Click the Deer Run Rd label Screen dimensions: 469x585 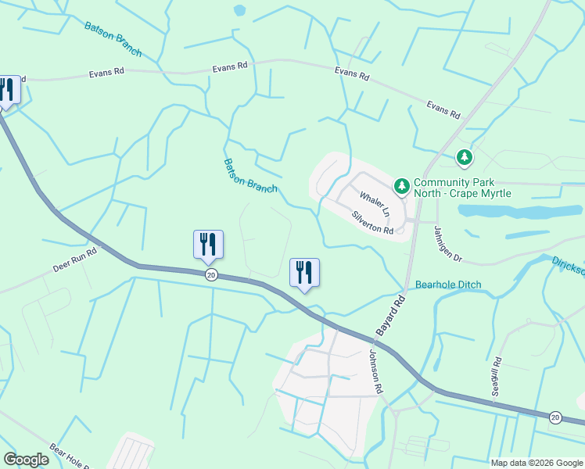(x=74, y=259)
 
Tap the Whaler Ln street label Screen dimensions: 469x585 (x=375, y=203)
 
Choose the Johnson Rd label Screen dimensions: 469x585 (x=376, y=371)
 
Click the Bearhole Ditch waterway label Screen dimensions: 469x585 (x=448, y=285)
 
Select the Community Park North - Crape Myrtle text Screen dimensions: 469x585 (x=462, y=188)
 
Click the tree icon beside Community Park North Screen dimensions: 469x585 (x=401, y=186)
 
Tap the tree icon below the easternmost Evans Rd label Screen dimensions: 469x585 (x=465, y=158)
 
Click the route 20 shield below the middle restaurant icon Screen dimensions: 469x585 (x=210, y=275)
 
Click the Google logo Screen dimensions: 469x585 (x=26, y=460)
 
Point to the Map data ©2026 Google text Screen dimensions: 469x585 (x=537, y=463)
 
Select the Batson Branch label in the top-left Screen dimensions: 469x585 (x=113, y=38)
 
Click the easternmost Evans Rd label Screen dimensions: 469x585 (x=443, y=109)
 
